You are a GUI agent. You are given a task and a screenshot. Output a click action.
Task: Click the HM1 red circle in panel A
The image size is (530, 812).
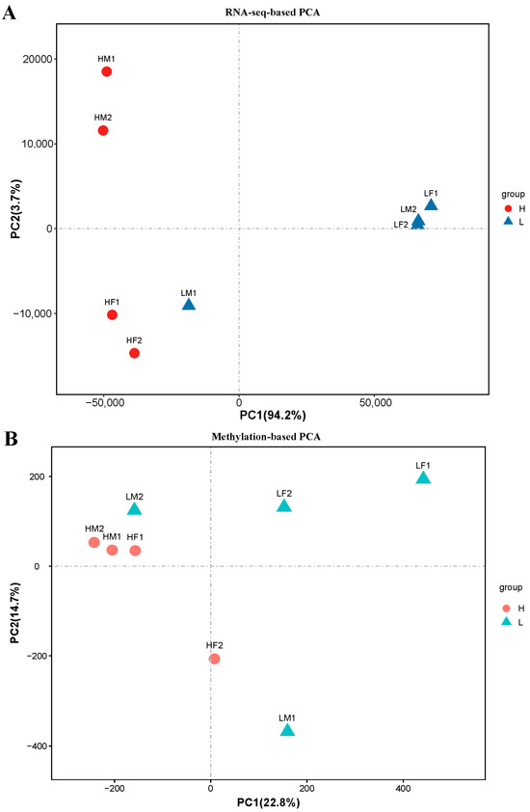(107, 71)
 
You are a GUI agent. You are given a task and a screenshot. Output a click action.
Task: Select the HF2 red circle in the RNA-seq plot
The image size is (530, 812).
(134, 353)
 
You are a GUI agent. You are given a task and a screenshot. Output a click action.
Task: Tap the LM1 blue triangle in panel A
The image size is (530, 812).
(189, 305)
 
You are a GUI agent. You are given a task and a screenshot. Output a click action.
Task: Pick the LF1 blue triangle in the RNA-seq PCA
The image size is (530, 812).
(431, 204)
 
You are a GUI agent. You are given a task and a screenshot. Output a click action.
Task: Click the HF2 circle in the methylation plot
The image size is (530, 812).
(214, 659)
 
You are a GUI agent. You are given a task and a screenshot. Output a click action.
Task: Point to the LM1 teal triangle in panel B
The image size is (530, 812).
(287, 730)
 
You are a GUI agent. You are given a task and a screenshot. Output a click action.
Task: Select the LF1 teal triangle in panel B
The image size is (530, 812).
(423, 477)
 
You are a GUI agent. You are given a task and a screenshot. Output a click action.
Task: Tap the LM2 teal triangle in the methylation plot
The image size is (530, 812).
(135, 508)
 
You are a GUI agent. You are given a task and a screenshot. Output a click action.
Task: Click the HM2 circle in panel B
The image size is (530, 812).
(93, 542)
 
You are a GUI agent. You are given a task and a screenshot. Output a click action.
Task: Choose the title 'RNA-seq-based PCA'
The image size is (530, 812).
(273, 12)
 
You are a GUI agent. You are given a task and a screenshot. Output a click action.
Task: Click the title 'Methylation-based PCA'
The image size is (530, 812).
(266, 437)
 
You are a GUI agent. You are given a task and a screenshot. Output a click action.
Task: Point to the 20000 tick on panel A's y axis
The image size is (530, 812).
(38, 59)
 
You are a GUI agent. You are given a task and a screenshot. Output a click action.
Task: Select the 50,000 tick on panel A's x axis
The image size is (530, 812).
(375, 402)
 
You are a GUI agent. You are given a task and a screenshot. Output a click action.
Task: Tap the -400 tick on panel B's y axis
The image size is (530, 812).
(37, 745)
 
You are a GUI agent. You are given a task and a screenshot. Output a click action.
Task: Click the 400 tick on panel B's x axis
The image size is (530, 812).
(403, 788)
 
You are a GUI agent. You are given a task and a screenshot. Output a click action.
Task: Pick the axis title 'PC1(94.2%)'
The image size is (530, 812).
(273, 416)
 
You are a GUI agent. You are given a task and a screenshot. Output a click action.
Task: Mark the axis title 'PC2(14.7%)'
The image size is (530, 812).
(15, 612)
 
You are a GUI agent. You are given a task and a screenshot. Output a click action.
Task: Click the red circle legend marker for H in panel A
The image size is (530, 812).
(508, 208)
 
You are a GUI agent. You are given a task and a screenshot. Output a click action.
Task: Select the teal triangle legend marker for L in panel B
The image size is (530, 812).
(506, 621)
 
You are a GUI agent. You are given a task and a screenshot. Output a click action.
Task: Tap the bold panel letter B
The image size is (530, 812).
(11, 439)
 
